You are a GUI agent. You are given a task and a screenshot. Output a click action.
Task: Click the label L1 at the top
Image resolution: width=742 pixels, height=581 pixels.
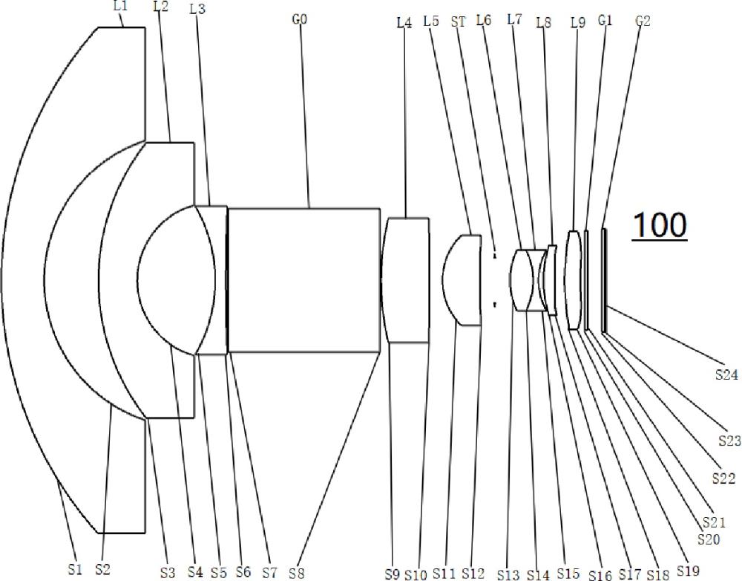pos(121,7)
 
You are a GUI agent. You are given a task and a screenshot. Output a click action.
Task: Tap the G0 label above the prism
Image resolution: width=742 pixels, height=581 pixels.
pos(300,19)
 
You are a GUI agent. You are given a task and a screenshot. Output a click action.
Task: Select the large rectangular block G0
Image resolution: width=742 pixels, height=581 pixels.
pos(304,280)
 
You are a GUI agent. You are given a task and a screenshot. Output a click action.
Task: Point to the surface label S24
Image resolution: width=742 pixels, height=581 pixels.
pos(726,375)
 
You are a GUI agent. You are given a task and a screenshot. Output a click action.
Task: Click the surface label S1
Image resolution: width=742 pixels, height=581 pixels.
pos(75,568)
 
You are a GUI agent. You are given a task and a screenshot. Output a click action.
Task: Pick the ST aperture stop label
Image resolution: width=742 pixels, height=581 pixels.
pos(458,22)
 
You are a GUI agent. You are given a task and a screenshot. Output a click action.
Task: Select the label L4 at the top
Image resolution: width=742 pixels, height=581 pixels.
pos(404,22)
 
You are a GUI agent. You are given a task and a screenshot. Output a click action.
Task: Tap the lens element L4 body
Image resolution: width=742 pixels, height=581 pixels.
pos(406,280)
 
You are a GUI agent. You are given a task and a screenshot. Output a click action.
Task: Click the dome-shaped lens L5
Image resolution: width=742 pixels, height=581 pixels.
pos(462,280)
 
